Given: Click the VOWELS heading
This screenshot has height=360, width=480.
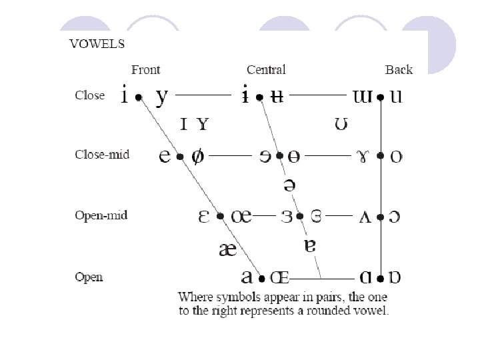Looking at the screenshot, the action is pos(97,44).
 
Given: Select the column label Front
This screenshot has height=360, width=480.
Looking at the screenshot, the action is pos(146,69).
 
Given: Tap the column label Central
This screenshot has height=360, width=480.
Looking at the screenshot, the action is pos(266,69).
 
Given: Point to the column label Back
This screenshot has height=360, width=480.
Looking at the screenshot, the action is pos(399,69).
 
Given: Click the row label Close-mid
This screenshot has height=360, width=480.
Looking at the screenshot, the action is pos(101,155).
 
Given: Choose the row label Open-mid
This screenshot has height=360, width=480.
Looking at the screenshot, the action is pos(101,215).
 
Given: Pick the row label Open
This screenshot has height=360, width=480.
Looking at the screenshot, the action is pos(89,276).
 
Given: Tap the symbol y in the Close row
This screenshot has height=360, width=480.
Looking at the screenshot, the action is pos(162,97).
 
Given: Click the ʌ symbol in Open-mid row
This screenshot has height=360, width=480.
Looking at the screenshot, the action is pos(365,217).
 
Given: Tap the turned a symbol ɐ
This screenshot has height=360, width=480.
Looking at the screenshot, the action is pos(309,245).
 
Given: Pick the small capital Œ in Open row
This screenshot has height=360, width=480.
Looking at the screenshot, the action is pos(279,277).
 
